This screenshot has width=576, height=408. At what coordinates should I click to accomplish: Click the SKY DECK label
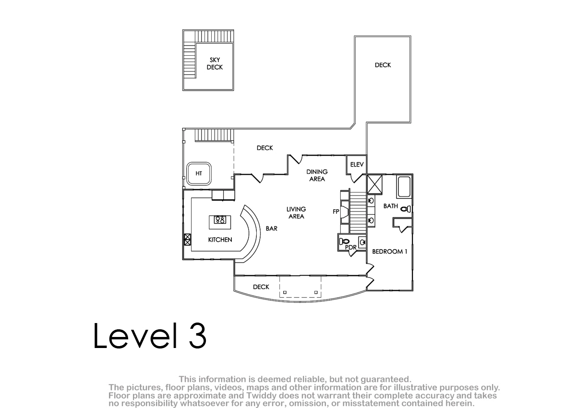[215, 63]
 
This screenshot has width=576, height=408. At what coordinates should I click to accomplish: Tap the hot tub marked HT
[199, 174]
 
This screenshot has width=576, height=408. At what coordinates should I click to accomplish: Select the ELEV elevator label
[357, 165]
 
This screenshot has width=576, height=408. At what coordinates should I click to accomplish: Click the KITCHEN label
[220, 240]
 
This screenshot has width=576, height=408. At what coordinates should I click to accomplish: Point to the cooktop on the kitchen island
[220, 220]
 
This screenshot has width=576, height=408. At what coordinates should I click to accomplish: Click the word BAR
[272, 228]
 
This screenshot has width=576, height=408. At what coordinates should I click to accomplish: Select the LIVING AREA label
[296, 213]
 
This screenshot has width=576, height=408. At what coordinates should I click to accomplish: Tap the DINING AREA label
[317, 175]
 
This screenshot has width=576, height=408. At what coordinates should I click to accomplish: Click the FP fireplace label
[336, 212]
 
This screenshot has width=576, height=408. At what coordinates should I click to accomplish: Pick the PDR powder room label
[351, 247]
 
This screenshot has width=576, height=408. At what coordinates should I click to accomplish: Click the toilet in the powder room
[344, 241]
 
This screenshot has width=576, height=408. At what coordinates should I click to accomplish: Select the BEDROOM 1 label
[390, 252]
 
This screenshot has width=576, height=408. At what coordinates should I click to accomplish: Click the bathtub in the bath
[404, 187]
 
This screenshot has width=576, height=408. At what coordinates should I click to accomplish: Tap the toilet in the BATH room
[406, 209]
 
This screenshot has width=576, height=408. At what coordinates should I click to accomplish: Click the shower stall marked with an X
[374, 184]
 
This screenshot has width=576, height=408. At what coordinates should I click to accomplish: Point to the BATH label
[391, 206]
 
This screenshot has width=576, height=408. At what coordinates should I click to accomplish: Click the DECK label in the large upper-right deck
[383, 65]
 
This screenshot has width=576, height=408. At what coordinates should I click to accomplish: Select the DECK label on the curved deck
[261, 287]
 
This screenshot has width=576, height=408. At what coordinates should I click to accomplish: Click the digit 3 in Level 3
[197, 336]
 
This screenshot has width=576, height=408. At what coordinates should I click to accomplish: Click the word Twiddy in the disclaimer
[263, 395]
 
